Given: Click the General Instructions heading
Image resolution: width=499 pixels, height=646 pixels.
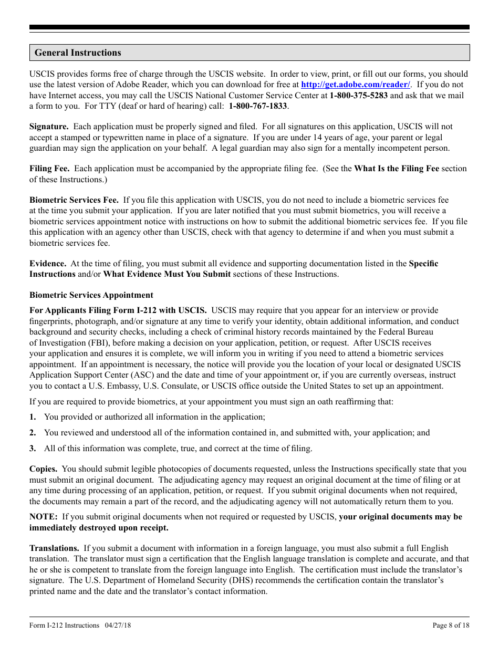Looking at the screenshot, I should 78,53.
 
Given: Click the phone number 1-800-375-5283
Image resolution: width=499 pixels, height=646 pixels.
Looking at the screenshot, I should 359,95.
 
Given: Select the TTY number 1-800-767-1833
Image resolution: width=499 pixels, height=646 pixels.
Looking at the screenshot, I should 258,106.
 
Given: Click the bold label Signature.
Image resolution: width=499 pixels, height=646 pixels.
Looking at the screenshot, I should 49,127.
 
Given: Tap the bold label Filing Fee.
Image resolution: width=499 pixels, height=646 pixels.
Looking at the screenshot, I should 49,169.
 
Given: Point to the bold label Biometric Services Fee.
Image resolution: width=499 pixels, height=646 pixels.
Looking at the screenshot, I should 74,200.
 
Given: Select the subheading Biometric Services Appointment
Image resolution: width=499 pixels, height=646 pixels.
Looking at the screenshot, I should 91,295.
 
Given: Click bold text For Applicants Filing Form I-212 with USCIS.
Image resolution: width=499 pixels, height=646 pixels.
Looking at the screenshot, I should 118,310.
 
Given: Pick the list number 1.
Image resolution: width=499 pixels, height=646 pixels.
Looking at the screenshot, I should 33,417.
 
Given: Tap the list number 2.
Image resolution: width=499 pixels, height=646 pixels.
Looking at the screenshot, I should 33,433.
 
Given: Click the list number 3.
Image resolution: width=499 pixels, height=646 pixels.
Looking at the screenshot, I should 33,449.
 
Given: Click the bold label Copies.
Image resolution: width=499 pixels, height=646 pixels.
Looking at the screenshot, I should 44,469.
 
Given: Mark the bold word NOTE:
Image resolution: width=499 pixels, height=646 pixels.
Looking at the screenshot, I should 43,517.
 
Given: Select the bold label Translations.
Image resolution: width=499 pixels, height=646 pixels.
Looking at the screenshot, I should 54,548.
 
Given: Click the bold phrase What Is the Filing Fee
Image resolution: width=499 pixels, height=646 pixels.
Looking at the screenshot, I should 396,169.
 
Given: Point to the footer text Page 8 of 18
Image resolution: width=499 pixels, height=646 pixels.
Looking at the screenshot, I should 451,626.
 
